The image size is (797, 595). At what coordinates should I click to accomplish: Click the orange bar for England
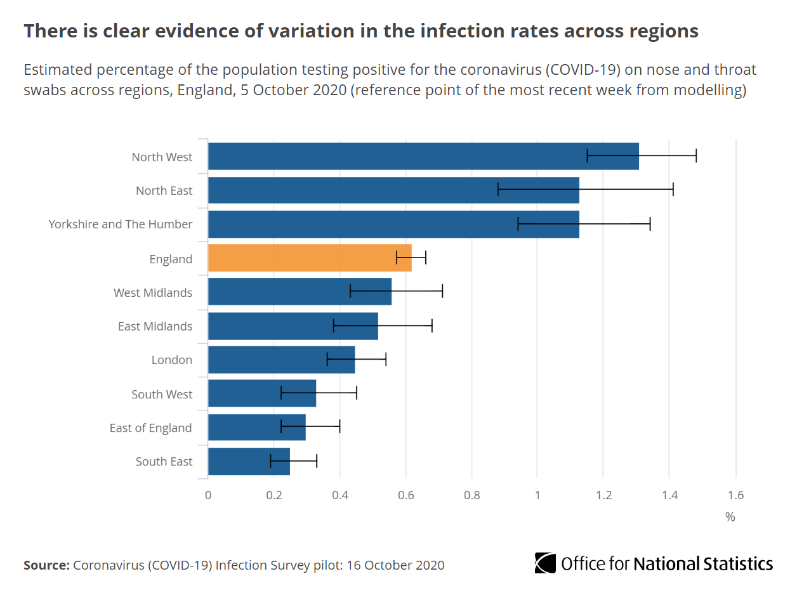pyautogui.click(x=310, y=258)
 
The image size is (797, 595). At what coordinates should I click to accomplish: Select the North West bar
pyautogui.click(x=423, y=156)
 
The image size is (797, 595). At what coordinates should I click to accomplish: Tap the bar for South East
pyautogui.click(x=249, y=461)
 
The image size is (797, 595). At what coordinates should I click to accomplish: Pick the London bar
pyautogui.click(x=281, y=360)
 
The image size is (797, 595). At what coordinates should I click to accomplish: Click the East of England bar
pyautogui.click(x=257, y=428)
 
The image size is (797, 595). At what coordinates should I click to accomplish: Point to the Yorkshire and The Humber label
pyautogui.click(x=121, y=225)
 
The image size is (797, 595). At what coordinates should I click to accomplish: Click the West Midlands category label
pyautogui.click(x=153, y=292)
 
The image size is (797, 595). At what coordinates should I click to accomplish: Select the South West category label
pyautogui.click(x=162, y=394)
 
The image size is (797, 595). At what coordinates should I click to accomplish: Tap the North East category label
pyautogui.click(x=164, y=190)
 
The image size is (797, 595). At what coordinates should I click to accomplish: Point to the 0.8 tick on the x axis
pyautogui.click(x=471, y=495)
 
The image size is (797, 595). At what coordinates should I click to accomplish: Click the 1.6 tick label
pyautogui.click(x=735, y=495)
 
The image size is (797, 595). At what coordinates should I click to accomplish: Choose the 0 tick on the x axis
pyautogui.click(x=208, y=495)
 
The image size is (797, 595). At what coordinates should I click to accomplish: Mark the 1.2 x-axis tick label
pyautogui.click(x=603, y=495)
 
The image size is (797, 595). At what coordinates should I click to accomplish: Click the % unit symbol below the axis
pyautogui.click(x=730, y=517)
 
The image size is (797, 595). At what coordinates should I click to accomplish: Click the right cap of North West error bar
pyautogui.click(x=696, y=156)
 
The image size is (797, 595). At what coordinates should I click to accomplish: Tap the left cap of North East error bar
pyautogui.click(x=498, y=190)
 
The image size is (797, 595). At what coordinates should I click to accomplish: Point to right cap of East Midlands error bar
pyautogui.click(x=432, y=326)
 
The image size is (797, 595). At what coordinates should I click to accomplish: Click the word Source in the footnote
pyautogui.click(x=45, y=565)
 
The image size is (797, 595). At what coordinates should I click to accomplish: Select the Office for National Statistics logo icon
pyautogui.click(x=545, y=563)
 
